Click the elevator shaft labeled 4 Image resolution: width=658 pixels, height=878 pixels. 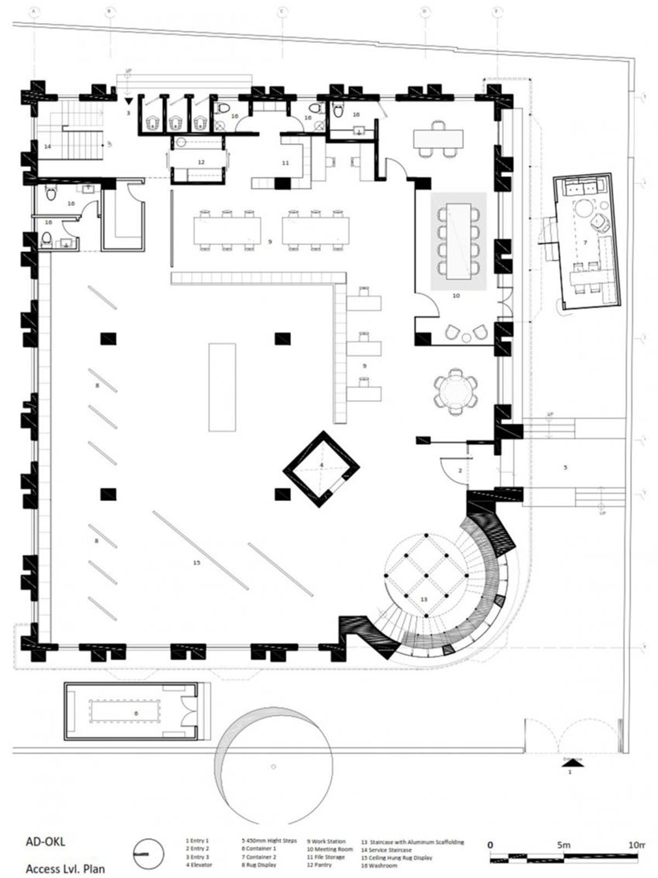322,469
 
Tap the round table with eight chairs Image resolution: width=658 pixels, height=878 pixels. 455,392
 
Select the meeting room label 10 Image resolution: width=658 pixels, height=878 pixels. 456,296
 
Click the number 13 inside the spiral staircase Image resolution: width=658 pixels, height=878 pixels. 423,599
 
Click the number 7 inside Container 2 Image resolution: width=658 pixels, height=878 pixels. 586,242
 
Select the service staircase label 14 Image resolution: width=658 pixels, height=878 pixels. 48,146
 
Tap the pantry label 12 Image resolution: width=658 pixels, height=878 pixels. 201,162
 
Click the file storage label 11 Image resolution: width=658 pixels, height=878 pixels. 285,163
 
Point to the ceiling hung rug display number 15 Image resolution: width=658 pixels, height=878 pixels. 197,563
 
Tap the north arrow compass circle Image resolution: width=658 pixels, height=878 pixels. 149,854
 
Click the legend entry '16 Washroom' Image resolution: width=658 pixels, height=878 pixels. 379,865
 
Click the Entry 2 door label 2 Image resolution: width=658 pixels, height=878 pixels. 461,471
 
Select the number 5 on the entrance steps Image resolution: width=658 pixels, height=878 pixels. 565,468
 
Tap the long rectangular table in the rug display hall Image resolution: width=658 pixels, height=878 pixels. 222,387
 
